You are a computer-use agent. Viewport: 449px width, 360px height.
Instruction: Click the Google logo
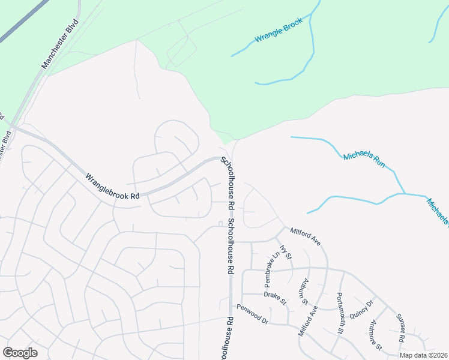(20, 353)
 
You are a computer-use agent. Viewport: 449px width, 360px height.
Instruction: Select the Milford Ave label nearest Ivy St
(306, 236)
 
